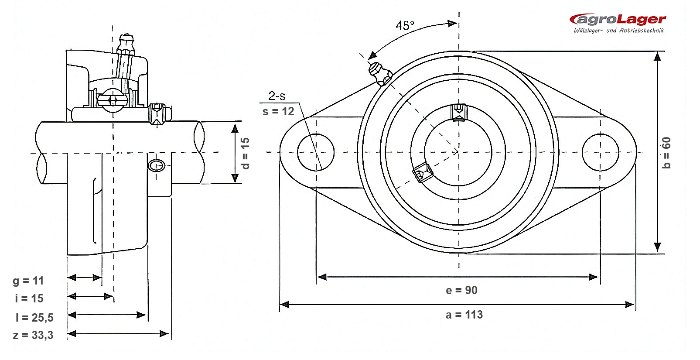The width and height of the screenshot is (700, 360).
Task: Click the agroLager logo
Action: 618,23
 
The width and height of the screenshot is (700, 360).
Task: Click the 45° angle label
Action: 405,25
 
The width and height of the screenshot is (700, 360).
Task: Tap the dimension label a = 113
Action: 464,315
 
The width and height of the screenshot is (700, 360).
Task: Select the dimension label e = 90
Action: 461,290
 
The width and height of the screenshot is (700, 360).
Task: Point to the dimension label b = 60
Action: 666,153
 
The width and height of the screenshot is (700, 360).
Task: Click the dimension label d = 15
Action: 246,153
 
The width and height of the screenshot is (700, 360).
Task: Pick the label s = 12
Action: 278,111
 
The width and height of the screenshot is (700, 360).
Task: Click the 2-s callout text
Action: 277,96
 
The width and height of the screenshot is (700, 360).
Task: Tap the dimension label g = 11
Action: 28,281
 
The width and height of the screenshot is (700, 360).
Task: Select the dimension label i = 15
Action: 29,299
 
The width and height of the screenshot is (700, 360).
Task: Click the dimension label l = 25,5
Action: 34,318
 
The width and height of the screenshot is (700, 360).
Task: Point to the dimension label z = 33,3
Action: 33,335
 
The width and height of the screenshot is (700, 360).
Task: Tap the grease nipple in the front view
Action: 380,73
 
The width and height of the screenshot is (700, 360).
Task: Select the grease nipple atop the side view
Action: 126,44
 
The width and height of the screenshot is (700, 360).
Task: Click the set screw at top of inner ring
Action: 459,112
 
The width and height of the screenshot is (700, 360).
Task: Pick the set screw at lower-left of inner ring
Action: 423,172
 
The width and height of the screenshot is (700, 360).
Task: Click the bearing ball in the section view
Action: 113,100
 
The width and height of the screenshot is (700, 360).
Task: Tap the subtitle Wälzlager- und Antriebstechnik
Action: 618,31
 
